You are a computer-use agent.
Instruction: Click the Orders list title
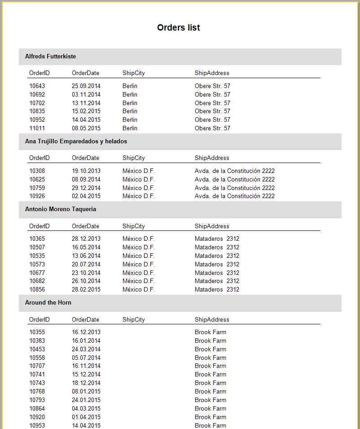tap(178, 28)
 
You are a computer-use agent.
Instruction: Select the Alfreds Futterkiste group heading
tap(50, 57)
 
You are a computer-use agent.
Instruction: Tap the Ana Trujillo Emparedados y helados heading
tap(76, 142)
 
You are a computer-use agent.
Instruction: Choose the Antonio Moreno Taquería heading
tap(61, 209)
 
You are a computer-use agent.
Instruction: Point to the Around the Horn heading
tap(48, 303)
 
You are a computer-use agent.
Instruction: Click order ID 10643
tap(37, 86)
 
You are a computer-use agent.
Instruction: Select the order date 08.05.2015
tap(86, 128)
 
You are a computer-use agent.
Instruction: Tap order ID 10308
tap(37, 171)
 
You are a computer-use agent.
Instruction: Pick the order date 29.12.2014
tap(86, 188)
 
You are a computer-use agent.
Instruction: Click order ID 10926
tap(37, 196)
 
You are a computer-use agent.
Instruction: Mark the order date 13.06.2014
tap(86, 256)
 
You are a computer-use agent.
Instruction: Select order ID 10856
tap(37, 290)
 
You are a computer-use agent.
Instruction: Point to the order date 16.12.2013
tap(86, 332)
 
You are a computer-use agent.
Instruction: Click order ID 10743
tap(37, 383)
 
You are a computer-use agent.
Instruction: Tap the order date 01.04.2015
tap(86, 417)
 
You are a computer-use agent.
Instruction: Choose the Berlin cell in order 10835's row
tap(130, 111)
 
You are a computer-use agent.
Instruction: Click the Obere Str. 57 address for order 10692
tap(212, 94)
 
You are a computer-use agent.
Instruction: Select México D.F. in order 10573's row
tap(138, 265)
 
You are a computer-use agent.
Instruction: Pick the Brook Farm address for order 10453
tap(210, 349)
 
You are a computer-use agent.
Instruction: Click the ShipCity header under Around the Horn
tap(133, 320)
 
